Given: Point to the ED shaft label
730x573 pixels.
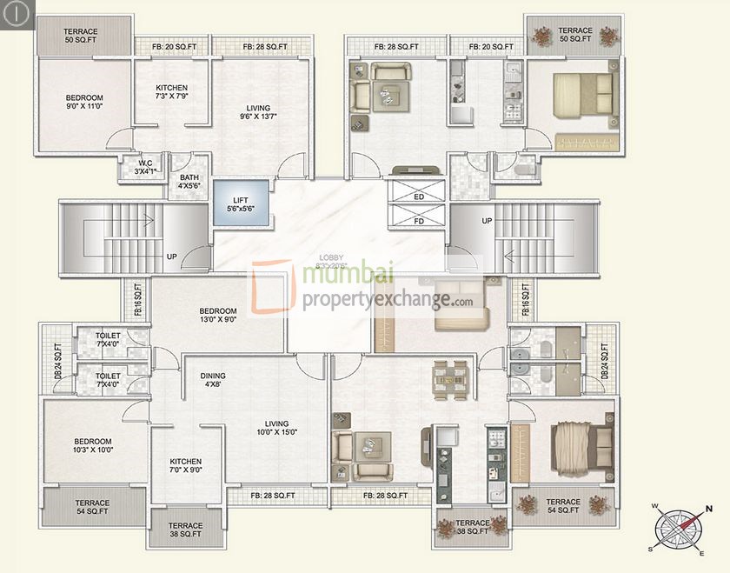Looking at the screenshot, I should click(419, 197).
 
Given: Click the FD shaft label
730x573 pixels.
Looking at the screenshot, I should click(419, 221).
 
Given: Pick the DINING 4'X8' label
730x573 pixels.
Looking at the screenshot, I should click(212, 381).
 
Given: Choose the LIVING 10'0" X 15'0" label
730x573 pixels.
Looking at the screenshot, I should click(276, 427).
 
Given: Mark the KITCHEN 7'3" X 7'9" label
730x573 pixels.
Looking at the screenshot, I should click(171, 93).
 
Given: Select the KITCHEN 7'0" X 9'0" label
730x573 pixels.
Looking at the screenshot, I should click(186, 467).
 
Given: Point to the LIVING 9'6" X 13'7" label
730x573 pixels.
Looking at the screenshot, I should click(258, 113).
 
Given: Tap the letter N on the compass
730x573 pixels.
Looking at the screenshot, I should click(709, 510).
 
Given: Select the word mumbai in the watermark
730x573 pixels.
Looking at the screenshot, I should click(348, 277).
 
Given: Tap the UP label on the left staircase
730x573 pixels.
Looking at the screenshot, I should click(171, 257).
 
